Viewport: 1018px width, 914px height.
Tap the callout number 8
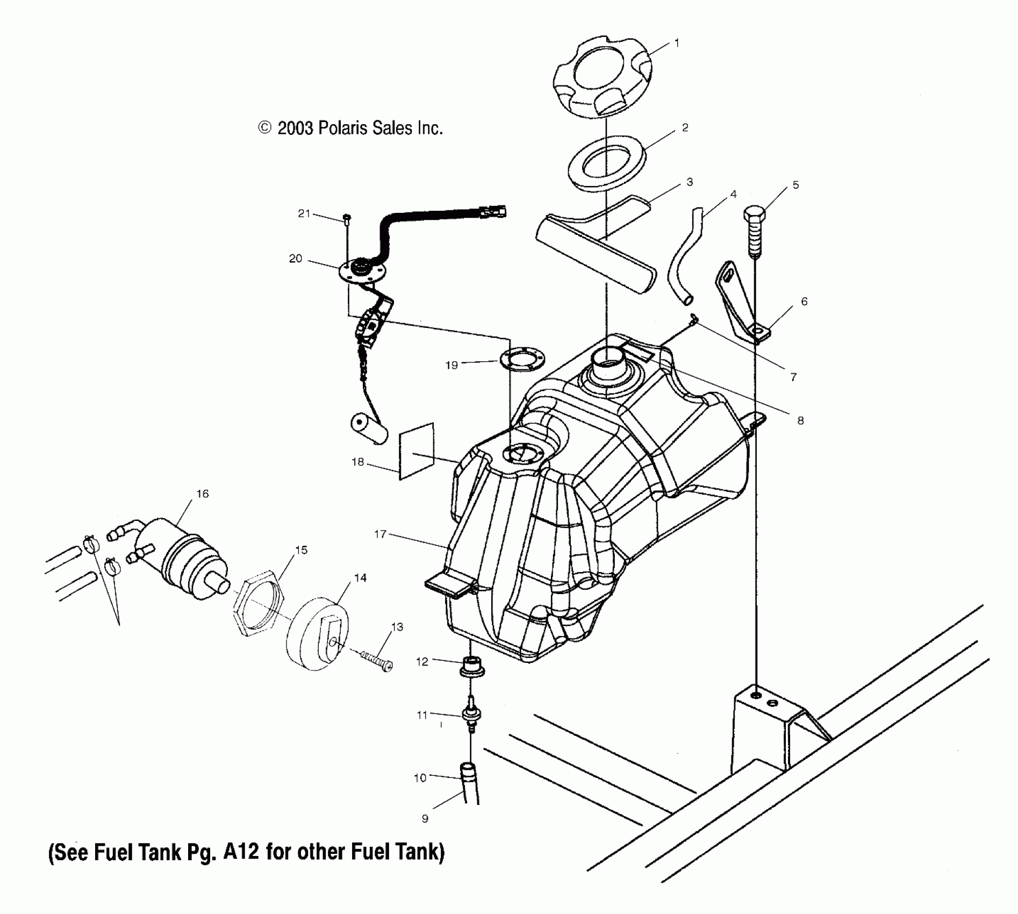point(800,421)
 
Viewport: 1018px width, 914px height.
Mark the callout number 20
point(295,259)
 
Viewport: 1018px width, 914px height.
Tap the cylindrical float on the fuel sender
point(369,429)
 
